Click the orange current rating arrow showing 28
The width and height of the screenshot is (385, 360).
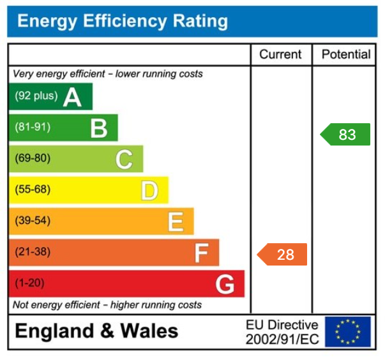283,254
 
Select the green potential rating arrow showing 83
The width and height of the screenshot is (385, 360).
345,135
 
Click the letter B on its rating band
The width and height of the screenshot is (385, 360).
98,128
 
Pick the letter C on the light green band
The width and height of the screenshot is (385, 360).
124,159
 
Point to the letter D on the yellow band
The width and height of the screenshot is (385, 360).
149,190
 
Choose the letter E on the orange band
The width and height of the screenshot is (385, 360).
176,221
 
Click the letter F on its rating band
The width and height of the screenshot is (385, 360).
201,253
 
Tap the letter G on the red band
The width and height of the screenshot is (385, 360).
225,284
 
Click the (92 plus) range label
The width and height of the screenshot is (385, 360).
36,96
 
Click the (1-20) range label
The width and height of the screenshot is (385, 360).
29,283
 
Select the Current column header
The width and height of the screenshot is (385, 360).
280,55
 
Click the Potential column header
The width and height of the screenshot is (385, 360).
345,55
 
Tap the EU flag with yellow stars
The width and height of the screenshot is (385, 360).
347,332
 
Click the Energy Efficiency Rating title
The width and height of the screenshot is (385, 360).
122,22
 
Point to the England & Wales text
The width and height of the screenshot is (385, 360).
96,331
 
